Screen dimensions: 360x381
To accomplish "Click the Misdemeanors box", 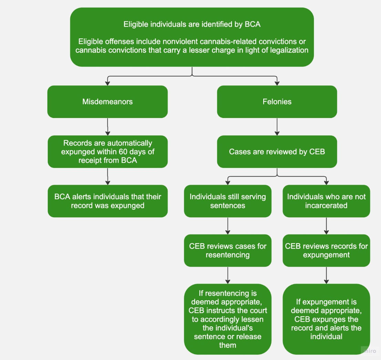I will click(107, 102).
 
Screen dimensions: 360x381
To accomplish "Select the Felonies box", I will click(277, 102).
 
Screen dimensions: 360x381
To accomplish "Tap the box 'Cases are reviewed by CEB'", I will click(277, 152).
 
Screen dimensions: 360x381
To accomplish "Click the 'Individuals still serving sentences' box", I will click(228, 201).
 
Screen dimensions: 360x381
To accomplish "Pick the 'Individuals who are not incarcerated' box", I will click(326, 201).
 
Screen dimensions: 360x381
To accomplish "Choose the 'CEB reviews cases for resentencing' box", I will click(228, 250).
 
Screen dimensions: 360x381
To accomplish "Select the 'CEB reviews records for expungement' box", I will click(326, 250).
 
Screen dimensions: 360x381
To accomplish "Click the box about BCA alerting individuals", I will click(107, 201).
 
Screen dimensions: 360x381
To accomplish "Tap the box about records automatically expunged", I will click(107, 152).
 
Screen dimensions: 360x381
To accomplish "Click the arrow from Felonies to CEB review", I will click(277, 127).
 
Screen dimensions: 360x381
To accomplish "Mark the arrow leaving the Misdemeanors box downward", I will click(107, 127).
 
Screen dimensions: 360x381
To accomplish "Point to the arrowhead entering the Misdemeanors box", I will click(107, 83).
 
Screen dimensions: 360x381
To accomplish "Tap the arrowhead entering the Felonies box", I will click(277, 83).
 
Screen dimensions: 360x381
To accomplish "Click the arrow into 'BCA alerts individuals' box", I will click(107, 177).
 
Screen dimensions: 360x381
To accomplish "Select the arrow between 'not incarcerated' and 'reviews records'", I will click(326, 226).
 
